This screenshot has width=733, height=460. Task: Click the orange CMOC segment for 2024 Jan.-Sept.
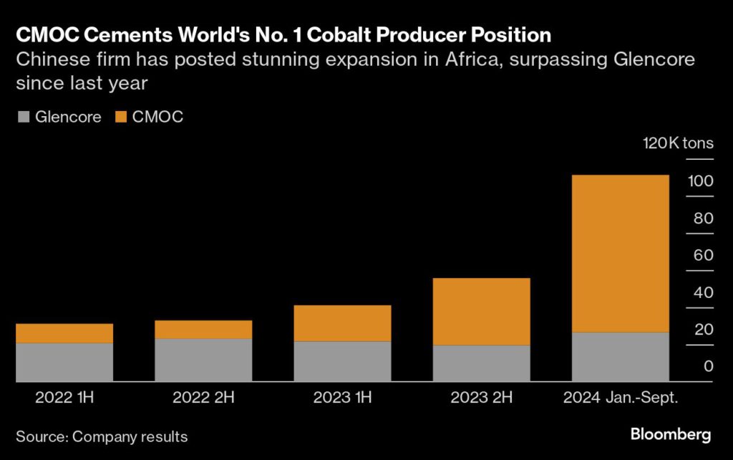click(620, 254)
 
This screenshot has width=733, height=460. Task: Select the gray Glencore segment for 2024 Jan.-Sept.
click(620, 357)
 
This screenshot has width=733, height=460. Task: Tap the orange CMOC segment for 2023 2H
click(481, 312)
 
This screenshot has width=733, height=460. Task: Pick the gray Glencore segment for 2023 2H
click(481, 363)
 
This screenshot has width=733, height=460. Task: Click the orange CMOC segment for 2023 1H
click(342, 323)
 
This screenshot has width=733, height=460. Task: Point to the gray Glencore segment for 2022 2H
click(203, 360)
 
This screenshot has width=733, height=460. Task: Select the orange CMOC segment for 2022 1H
click(64, 333)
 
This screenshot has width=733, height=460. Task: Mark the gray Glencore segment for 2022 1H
click(64, 362)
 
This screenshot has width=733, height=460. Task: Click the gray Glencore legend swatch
click(21, 117)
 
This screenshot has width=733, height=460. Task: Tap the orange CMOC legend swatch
click(120, 117)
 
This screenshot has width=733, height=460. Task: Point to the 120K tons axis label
click(678, 143)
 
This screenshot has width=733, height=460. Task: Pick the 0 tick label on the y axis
click(708, 367)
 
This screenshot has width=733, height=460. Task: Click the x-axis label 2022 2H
click(203, 397)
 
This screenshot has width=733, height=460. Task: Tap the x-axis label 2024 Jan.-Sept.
click(620, 397)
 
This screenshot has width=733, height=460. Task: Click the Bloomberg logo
click(671, 434)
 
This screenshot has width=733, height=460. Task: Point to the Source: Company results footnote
click(102, 436)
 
